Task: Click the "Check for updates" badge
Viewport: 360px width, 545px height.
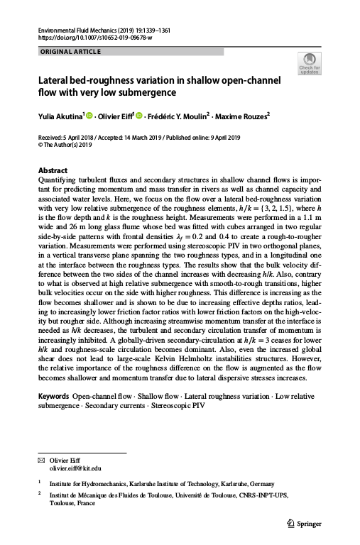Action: [x=310, y=63]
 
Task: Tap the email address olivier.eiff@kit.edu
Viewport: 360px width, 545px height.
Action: [x=75, y=469]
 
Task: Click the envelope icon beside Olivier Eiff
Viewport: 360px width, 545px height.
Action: [x=40, y=461]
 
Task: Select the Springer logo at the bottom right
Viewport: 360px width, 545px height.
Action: [x=304, y=524]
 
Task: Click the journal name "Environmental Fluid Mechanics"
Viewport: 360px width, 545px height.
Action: [x=76, y=31]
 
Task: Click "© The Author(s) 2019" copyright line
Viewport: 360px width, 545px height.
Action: [x=64, y=144]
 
